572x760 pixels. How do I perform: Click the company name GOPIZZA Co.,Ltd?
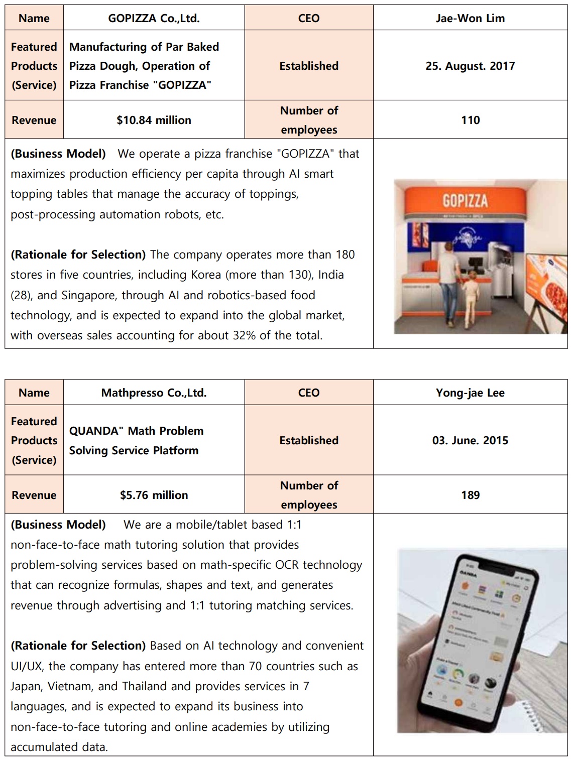154,19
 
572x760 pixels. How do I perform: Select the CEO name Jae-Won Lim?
470,19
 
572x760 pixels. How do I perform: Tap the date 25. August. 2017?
470,66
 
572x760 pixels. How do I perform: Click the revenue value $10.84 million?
154,120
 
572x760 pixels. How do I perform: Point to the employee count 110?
470,120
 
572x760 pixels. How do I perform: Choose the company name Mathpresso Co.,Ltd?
154,393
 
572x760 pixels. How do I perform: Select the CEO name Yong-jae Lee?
470,393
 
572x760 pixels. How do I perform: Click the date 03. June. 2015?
470,440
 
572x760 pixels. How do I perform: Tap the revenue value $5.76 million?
154,495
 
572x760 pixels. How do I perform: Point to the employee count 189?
470,495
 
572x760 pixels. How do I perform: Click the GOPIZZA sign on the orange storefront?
465,201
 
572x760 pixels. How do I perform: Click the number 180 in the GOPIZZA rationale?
345,255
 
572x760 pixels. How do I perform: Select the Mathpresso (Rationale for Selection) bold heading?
78,646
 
